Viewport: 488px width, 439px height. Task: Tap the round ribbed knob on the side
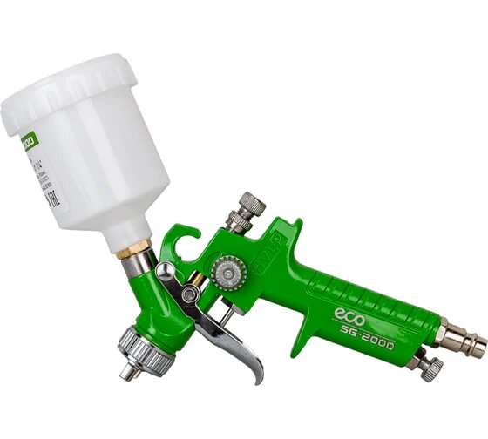[x=232, y=274]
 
